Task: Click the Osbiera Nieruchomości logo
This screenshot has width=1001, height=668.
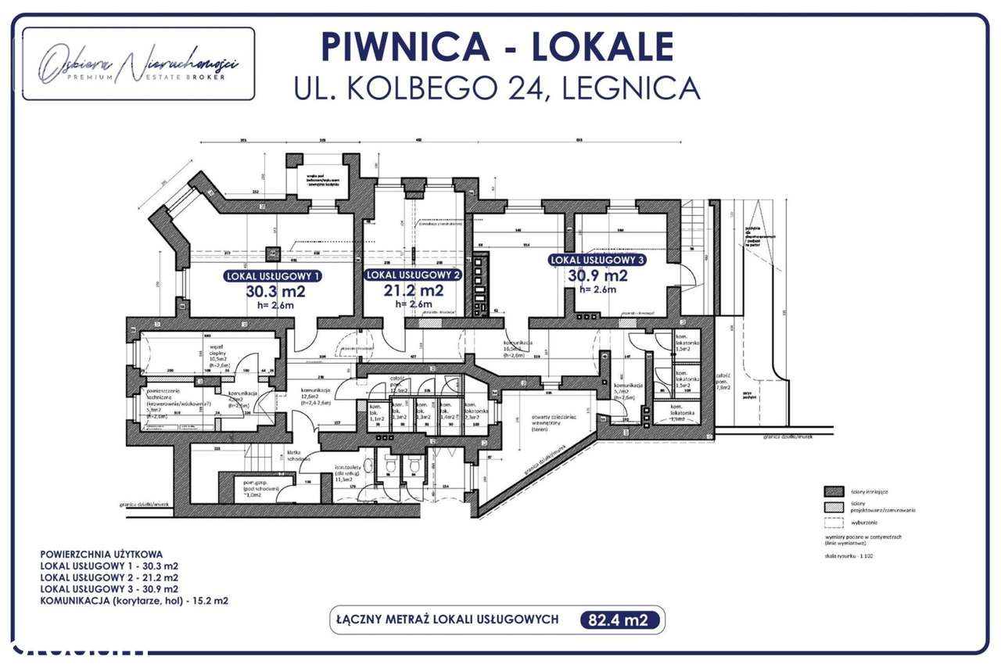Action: point(138,64)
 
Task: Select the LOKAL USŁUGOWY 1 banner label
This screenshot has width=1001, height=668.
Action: point(273,276)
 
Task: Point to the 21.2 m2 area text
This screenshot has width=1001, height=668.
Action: point(414,290)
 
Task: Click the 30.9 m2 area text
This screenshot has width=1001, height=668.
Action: point(597,275)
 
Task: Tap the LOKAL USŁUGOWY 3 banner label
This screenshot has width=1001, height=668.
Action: point(597,260)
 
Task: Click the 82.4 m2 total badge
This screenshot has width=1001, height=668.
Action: point(621,620)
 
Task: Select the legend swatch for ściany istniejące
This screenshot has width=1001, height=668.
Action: point(831,490)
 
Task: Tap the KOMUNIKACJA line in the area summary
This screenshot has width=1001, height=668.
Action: point(134,602)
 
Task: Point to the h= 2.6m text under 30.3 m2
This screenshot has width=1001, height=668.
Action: point(275,306)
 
